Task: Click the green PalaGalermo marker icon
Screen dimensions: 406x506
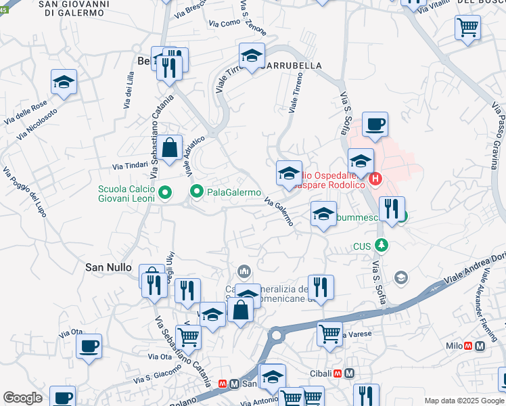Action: coord(197,193)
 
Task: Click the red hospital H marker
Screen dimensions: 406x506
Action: coord(375,179)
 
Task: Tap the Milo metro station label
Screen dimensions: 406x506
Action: coord(453,346)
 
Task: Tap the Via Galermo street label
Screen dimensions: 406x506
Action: coord(279,211)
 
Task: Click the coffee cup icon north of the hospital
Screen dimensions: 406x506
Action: coord(375,125)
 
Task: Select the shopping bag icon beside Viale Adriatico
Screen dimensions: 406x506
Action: coord(171,147)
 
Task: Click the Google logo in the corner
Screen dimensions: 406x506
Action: coord(23,398)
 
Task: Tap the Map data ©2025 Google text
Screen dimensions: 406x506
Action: coord(463,401)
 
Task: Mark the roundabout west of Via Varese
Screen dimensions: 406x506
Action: coord(277,335)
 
